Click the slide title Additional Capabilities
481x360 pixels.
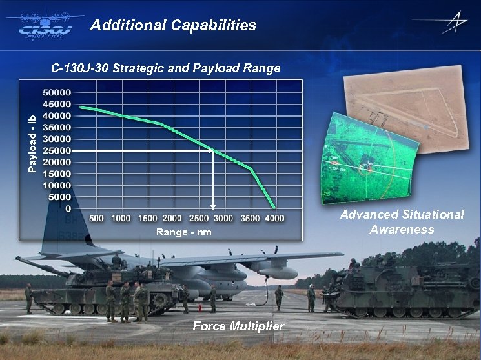click(x=173, y=26)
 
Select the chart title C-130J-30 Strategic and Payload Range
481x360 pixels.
click(x=166, y=68)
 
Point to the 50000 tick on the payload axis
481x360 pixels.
click(x=57, y=92)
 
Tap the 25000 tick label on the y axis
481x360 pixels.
click(x=57, y=150)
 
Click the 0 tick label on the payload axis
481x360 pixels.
click(x=68, y=208)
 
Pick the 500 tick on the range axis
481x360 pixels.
click(x=96, y=219)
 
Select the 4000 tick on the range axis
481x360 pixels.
click(x=274, y=219)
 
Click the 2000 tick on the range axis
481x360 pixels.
click(x=172, y=219)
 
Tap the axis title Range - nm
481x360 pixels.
click(x=183, y=232)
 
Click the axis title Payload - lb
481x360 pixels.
click(x=32, y=143)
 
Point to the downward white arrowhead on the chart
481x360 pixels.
click(x=213, y=206)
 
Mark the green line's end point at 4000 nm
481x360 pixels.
click(x=275, y=208)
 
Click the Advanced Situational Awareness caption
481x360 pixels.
click(x=402, y=221)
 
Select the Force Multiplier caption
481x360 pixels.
click(x=238, y=326)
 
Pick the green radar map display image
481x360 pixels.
click(x=365, y=161)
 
